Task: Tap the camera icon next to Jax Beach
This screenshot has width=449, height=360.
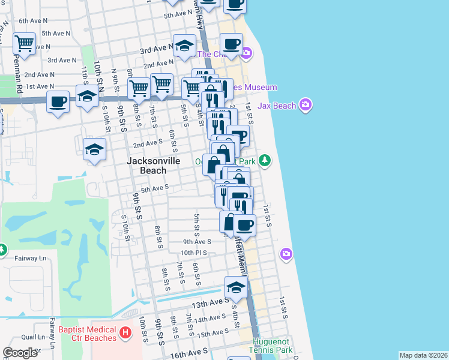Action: pos(306,106)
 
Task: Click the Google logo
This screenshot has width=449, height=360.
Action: pos(20,353)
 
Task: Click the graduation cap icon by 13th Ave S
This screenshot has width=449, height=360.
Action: pos(237,287)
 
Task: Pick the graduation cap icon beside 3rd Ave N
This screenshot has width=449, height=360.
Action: pos(185,45)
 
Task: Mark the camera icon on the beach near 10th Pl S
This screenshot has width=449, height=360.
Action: pos(286,254)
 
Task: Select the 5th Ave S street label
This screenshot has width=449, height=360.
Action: pos(154,188)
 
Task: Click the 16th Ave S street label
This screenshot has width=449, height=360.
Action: pos(188,350)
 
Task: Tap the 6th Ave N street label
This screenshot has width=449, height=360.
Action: pos(34,21)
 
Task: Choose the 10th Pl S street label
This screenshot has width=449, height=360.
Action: pos(194,253)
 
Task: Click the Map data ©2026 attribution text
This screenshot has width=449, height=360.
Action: pos(423,355)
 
